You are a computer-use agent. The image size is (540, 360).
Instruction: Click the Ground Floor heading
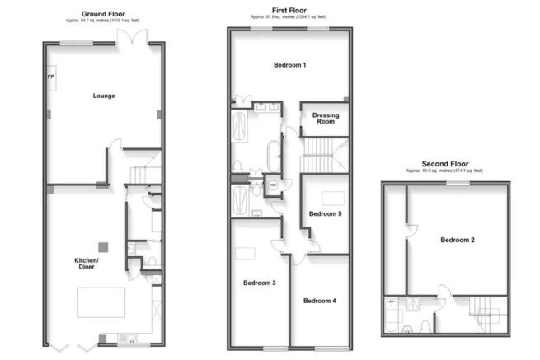[103, 15]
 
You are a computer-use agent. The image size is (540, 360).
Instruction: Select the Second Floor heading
[445, 164]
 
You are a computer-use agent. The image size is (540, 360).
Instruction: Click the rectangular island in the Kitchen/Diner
[101, 302]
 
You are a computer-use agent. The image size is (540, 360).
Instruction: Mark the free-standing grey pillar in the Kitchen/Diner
[102, 246]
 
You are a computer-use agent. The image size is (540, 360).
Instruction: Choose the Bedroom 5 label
[325, 214]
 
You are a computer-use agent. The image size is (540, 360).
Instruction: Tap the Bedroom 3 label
[259, 283]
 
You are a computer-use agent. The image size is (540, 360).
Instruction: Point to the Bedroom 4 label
[319, 301]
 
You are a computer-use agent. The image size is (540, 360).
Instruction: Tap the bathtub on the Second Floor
[391, 314]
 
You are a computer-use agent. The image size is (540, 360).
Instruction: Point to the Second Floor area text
[445, 171]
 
